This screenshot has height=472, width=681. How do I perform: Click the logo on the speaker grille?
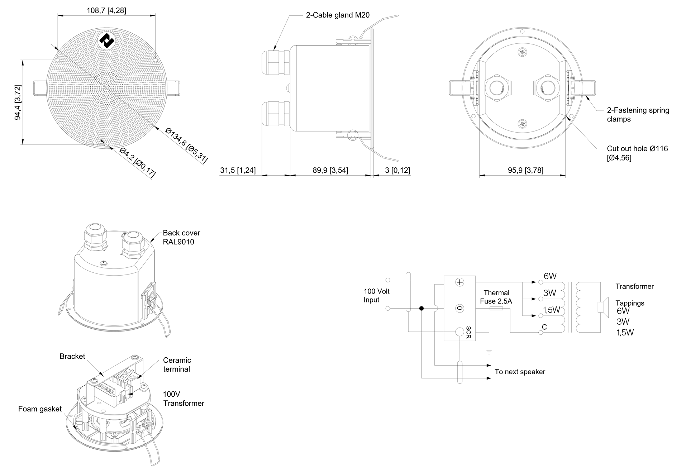pos(106,41)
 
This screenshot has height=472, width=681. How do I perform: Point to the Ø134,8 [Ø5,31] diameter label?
pos(186,145)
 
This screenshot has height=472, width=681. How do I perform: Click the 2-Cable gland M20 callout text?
pos(338,15)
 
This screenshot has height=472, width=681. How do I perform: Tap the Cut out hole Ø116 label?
pos(637,153)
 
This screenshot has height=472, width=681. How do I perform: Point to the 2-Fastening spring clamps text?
pos(638,115)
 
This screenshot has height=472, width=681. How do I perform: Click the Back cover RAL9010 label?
pos(181,237)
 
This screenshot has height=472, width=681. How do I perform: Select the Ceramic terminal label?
pos(177,364)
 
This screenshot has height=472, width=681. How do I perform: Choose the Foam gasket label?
pos(40,409)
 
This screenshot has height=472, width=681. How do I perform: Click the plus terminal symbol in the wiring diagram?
pos(459,282)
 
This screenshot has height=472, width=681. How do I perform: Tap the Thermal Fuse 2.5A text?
pos(496,297)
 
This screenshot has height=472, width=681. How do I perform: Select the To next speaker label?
pos(520,372)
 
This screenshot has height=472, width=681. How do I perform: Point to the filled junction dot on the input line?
pos(422,308)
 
